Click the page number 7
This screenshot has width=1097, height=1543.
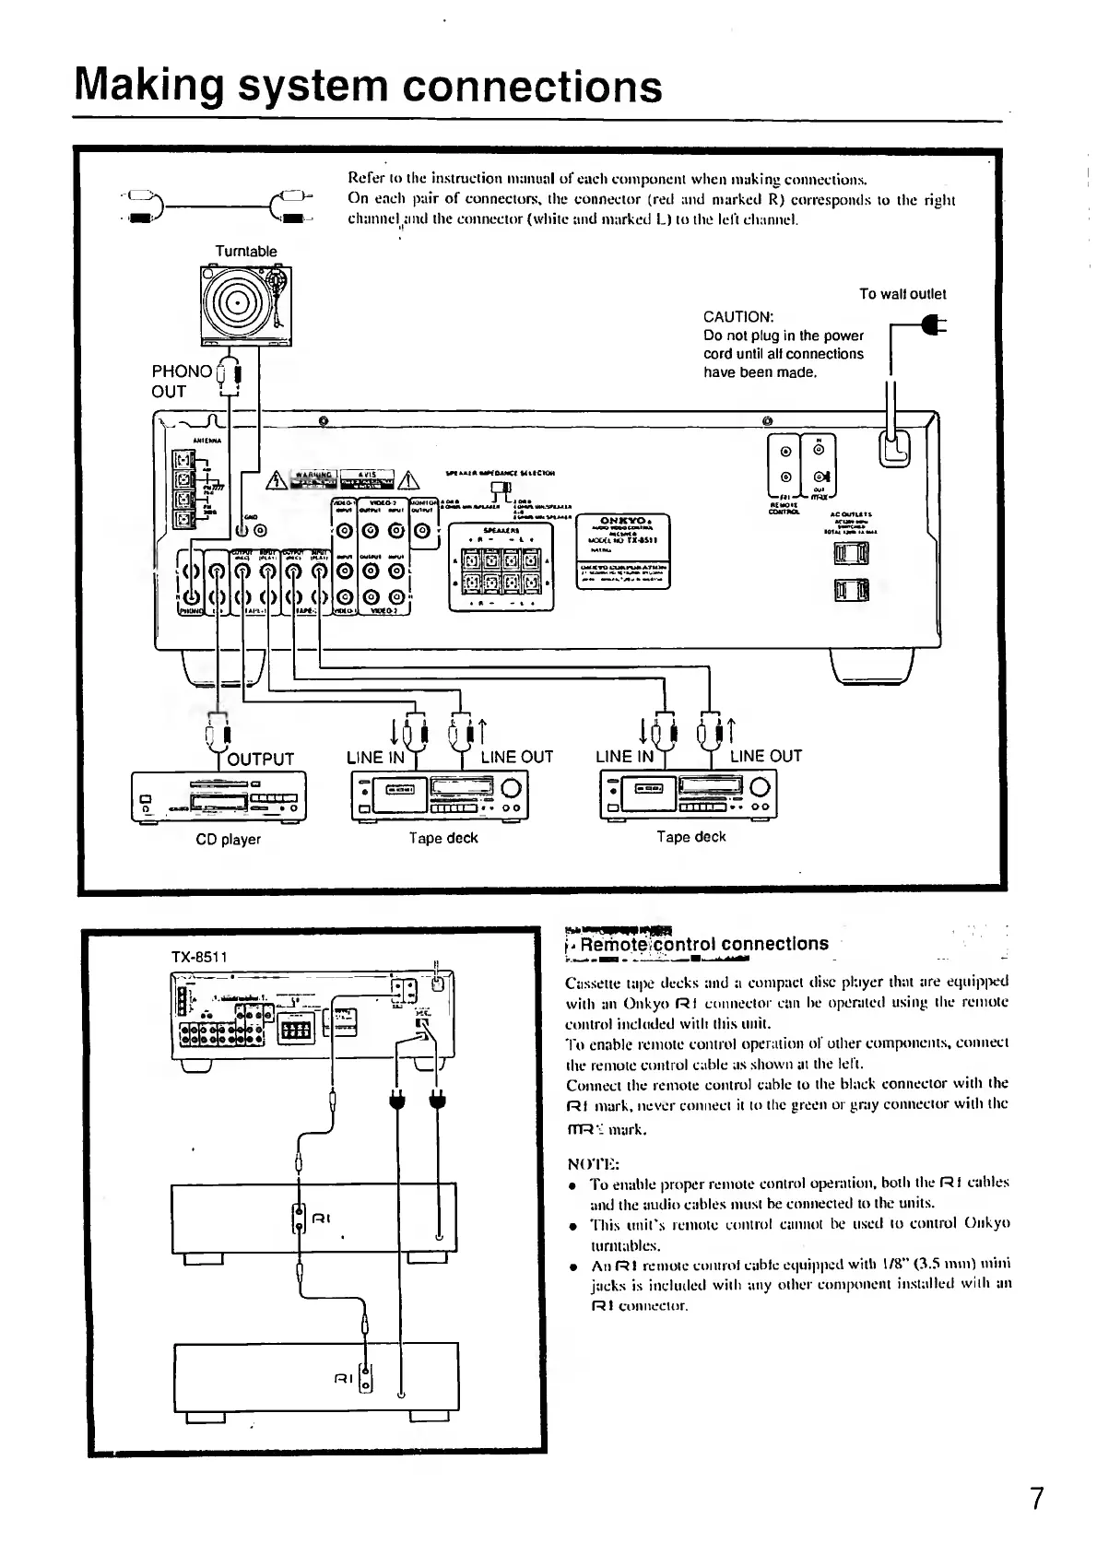(1038, 1498)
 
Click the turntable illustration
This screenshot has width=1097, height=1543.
(245, 305)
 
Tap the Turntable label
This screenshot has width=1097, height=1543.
(245, 251)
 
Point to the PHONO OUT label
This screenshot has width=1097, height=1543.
(181, 381)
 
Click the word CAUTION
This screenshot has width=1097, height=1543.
(738, 317)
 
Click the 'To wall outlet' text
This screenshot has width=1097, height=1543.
(902, 294)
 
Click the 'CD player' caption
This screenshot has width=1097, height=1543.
(229, 839)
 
